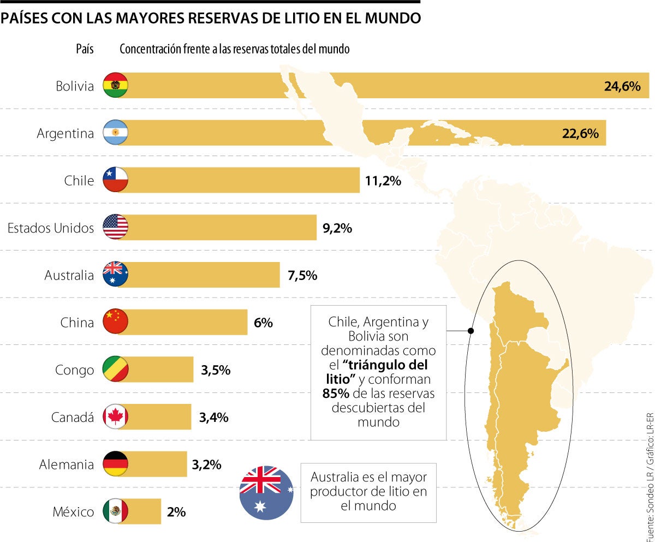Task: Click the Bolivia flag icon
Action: coord(115,85)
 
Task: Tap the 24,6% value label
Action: coord(622,86)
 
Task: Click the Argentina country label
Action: coord(65,133)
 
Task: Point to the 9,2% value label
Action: coord(337,228)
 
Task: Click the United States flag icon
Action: coord(115,227)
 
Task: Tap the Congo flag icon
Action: coord(115,370)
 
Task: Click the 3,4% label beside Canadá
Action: coord(213,418)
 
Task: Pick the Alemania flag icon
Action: coord(115,464)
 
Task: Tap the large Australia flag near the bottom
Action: coord(267,493)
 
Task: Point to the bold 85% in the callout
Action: coord(332,394)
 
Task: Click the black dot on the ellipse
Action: coord(471,331)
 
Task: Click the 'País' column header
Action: coord(85,49)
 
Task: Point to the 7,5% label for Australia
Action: coord(302,275)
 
